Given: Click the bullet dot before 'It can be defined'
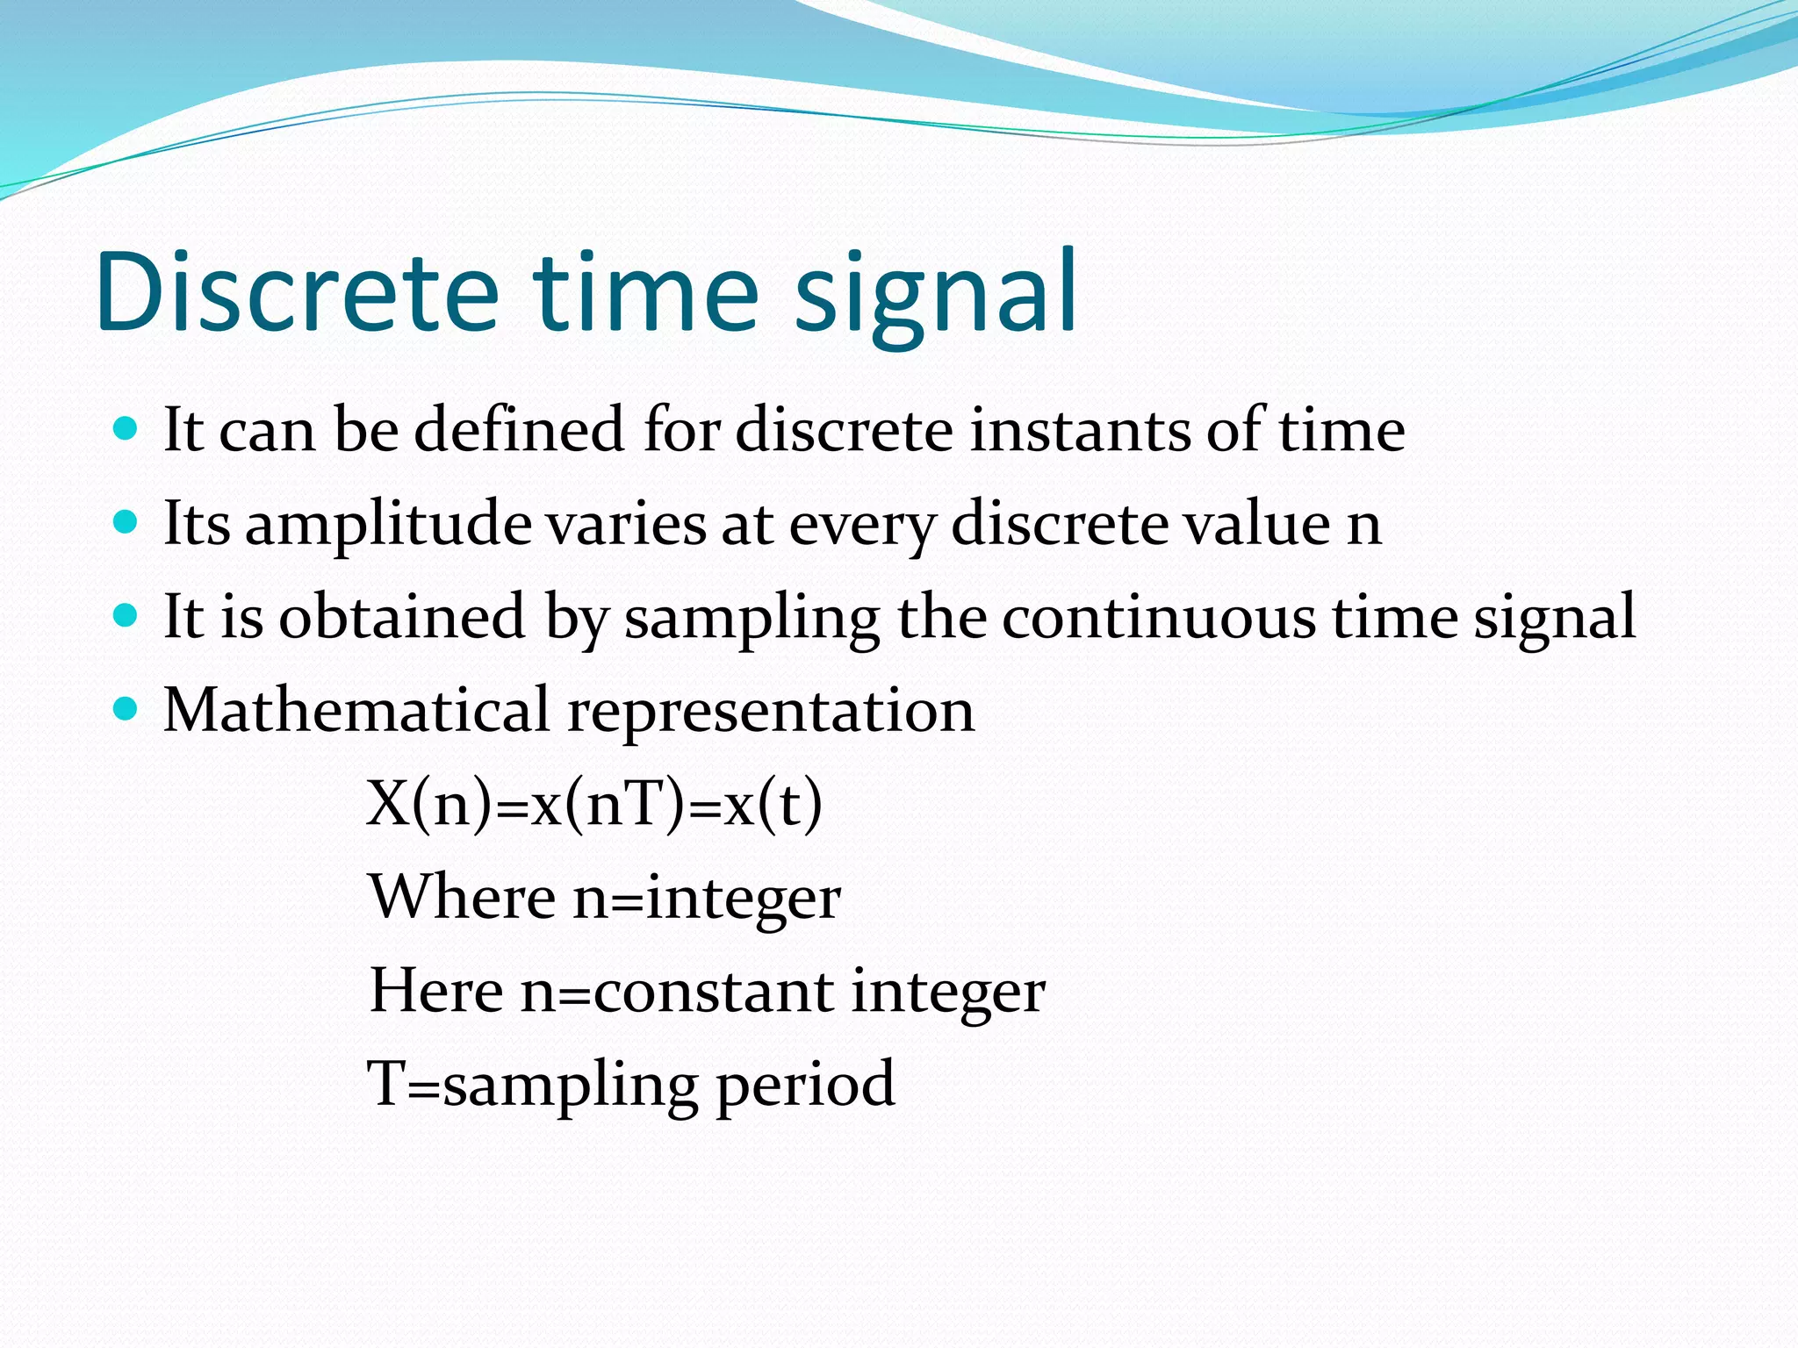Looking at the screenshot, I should [126, 428].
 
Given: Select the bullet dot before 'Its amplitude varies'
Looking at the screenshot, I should [126, 522].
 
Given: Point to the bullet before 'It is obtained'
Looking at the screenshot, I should [126, 616].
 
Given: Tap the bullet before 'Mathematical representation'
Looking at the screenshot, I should [126, 708].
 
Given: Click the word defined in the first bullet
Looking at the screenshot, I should [518, 430].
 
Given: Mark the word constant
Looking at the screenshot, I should [714, 991].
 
